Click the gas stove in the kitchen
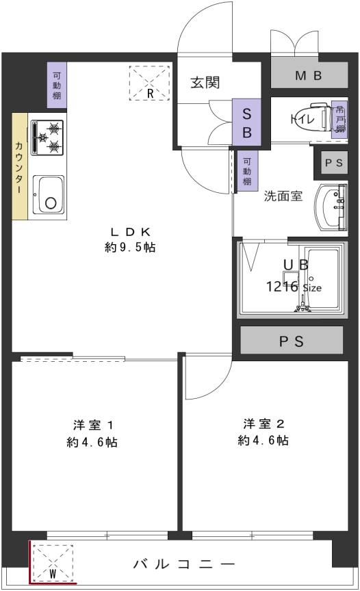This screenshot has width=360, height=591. tap(47, 137)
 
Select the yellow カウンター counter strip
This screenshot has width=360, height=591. tap(19, 166)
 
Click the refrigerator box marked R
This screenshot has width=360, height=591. tap(149, 83)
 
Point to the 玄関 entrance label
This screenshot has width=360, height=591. tap(205, 83)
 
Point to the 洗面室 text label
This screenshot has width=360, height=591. tap(283, 196)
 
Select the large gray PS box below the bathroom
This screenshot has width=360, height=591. tap(292, 341)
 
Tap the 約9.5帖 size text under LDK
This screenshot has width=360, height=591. tap(130, 248)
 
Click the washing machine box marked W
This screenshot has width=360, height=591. tap(53, 562)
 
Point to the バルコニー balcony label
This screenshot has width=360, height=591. tap(184, 564)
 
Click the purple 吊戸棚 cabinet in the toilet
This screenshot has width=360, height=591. tap(339, 119)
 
